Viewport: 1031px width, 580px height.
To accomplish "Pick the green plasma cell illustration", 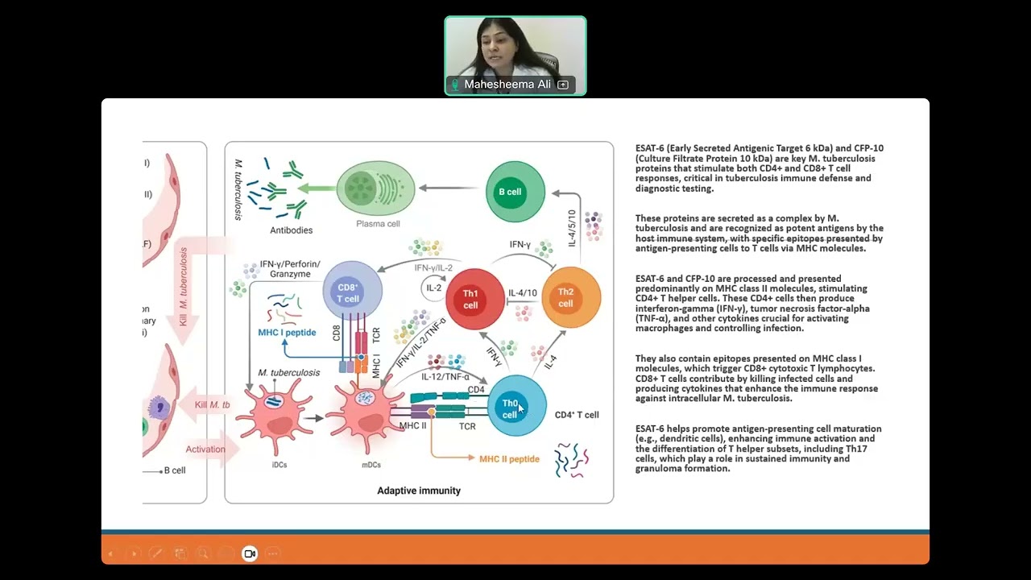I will point(375,188).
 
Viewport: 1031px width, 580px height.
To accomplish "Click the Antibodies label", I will point(291,230).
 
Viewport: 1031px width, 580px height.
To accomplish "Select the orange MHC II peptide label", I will point(509,459).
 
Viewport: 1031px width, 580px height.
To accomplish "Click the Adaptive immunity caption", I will point(419,491).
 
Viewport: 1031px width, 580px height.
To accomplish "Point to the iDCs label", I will point(279,465).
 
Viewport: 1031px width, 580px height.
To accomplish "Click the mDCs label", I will point(371,465).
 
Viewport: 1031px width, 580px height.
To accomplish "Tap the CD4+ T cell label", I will point(577,415).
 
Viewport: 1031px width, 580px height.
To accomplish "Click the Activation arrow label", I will point(205,449).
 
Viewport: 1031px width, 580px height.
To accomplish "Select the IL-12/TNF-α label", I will point(445,376).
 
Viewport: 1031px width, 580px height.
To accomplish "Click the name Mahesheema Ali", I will point(507,85).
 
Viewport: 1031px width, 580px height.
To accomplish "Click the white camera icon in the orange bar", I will point(250,553).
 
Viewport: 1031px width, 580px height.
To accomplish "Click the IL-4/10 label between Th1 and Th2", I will point(523,293).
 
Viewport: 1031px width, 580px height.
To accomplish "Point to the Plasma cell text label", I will point(378,224).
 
